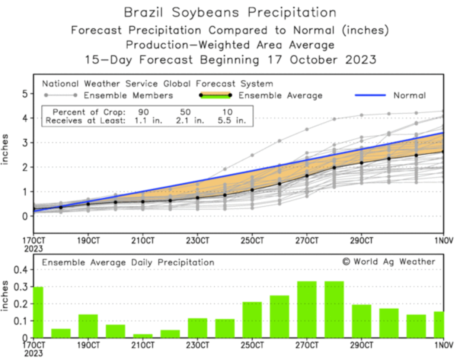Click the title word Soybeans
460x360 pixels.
(x=205, y=13)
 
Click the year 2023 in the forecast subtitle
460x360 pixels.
(x=361, y=60)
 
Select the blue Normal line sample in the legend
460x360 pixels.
(x=370, y=95)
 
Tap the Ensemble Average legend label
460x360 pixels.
(x=280, y=96)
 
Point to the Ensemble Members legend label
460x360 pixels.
(x=128, y=96)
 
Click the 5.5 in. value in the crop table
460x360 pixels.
(x=232, y=120)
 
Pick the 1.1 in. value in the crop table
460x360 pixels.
(x=148, y=120)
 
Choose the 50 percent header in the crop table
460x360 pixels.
(x=185, y=112)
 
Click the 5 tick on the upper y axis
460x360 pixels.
(x=25, y=94)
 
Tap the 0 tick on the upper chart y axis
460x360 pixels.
(x=25, y=216)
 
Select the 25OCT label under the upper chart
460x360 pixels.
(x=252, y=241)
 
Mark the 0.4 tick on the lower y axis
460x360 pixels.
(x=21, y=270)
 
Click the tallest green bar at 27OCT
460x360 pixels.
(x=307, y=309)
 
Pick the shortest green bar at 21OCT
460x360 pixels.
(x=143, y=336)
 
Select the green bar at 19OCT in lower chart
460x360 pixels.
(x=88, y=326)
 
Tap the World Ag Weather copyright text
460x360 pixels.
(x=389, y=262)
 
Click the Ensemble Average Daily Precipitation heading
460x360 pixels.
(x=128, y=263)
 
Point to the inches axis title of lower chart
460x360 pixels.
(x=5, y=296)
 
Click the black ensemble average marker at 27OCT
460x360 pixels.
(x=307, y=176)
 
